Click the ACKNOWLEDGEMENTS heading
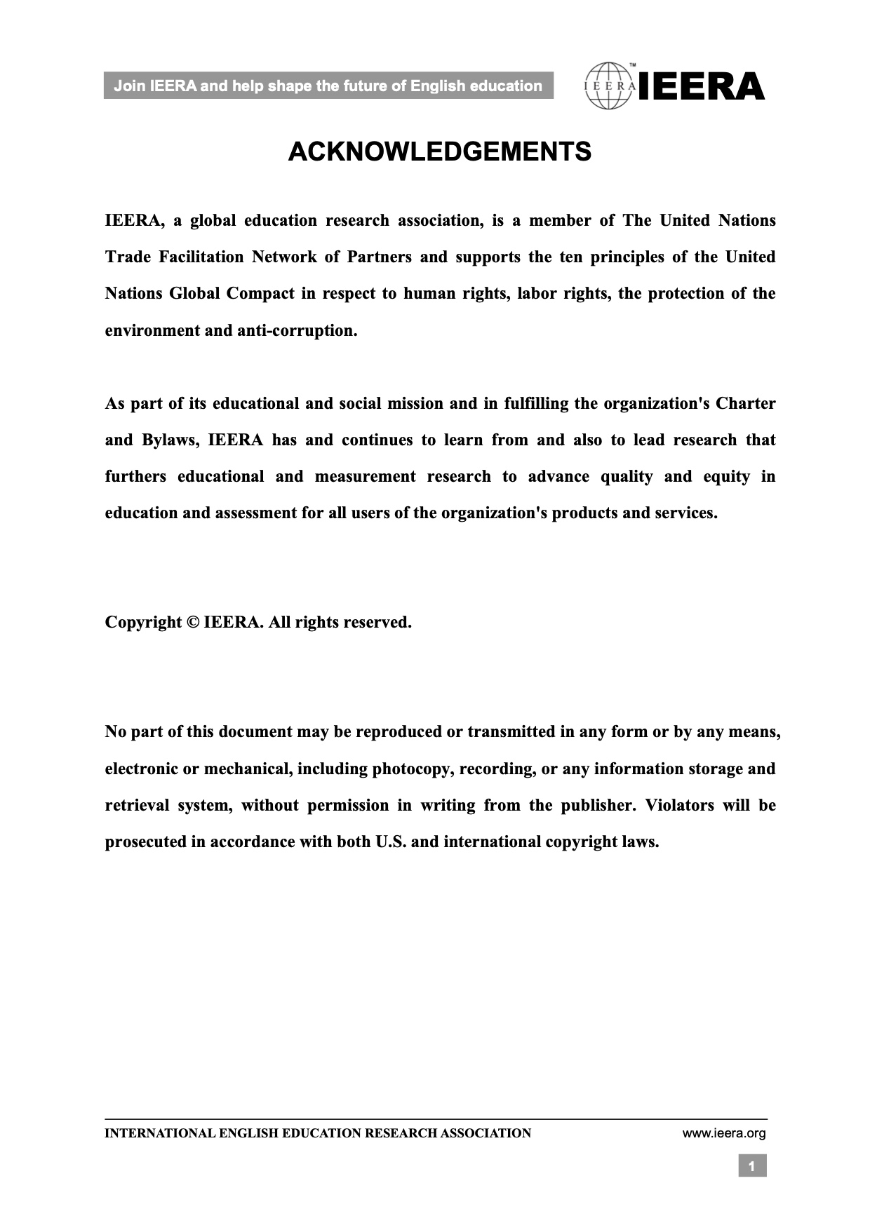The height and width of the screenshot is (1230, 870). [439, 152]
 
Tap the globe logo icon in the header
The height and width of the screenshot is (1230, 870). [609, 86]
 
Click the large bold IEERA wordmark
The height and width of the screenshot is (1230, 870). [701, 87]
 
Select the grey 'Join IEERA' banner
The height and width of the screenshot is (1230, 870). [328, 86]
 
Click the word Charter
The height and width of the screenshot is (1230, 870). [744, 404]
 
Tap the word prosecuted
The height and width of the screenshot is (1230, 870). [145, 842]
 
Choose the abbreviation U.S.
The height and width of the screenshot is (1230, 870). [391, 842]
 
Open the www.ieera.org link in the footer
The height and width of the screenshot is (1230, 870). [724, 1133]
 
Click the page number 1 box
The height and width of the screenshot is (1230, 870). [752, 1167]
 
